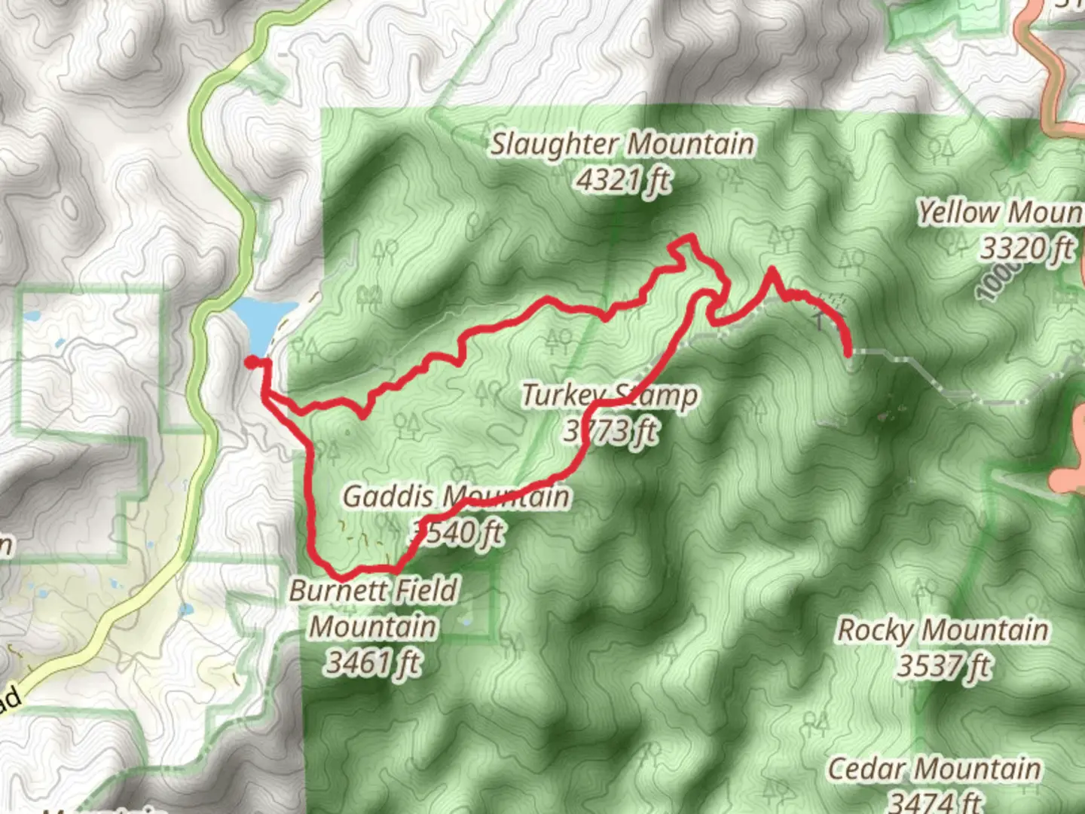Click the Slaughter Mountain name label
pos(622,143)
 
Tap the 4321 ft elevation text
pos(622,180)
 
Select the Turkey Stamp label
pos(610,395)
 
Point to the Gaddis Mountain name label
pos(456,497)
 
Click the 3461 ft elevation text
pos(373,663)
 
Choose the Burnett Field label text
pos(373,590)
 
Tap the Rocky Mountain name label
pos(943,630)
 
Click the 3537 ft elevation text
pos(944,666)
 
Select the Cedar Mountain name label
pos(934,770)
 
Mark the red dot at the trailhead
pos(251,363)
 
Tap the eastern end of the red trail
pos(849,351)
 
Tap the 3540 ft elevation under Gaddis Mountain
pos(458,533)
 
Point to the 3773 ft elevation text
pos(610,431)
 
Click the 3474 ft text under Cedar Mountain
pos(937,801)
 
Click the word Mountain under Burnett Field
pos(373,627)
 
